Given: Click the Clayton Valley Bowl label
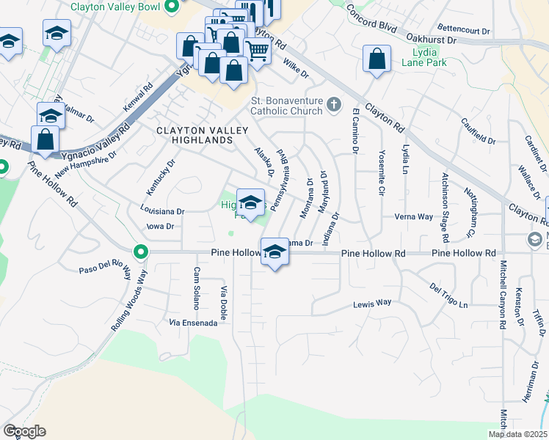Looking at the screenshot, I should click(116, 7).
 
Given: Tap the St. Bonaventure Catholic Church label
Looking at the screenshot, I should click(287, 106).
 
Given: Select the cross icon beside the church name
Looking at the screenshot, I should click(335, 104).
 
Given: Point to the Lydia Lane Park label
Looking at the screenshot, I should click(419, 58).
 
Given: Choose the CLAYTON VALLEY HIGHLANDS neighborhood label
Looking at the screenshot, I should click(194, 134).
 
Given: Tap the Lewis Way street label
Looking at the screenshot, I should click(372, 303).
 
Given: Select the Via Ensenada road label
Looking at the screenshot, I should click(192, 322).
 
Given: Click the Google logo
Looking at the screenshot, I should click(24, 430).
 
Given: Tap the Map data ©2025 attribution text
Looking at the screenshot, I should click(517, 434).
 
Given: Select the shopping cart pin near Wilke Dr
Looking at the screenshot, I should click(257, 51).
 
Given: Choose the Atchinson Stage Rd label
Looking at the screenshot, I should click(444, 208).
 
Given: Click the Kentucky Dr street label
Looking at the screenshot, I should click(160, 177).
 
